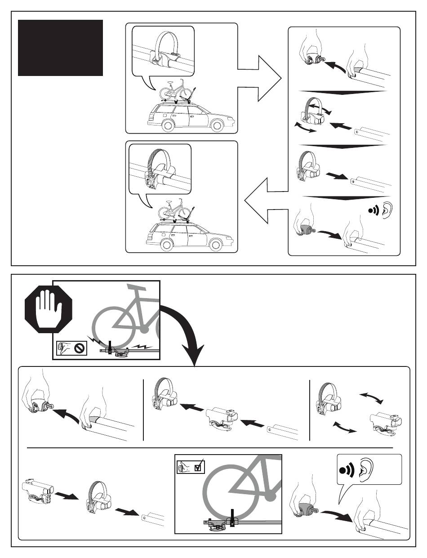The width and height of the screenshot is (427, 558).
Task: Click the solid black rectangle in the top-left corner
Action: tap(60, 48)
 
